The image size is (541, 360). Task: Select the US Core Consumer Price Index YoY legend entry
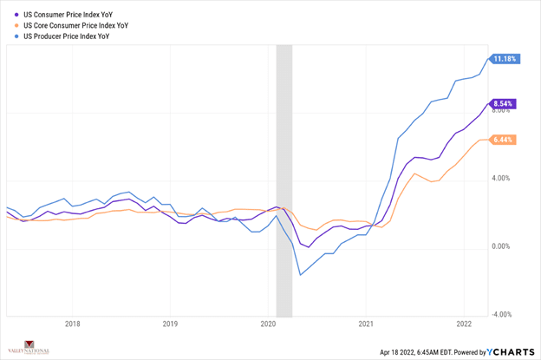click(70, 26)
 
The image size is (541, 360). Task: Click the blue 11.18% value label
click(504, 59)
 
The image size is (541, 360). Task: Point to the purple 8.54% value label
click(504, 103)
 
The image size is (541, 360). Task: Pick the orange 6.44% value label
click(504, 140)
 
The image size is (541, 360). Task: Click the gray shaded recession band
click(284, 173)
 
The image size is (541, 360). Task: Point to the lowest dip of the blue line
click(300, 275)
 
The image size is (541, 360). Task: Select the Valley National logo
click(29, 348)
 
